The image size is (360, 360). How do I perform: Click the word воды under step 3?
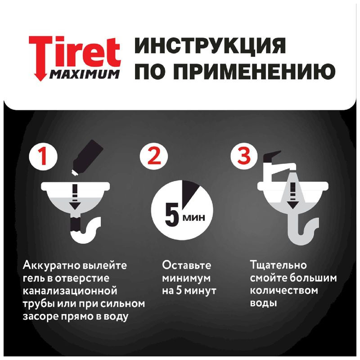tap(263, 304)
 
